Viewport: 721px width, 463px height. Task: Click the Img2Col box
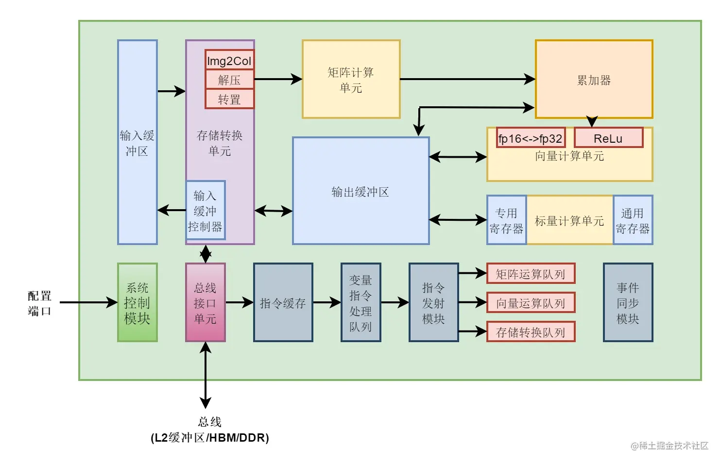(229, 60)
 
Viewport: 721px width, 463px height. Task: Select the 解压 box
(229, 80)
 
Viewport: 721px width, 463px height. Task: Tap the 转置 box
(229, 99)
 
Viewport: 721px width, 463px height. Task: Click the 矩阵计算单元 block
(351, 79)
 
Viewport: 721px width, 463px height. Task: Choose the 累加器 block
(594, 79)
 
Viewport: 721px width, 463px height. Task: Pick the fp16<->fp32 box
(531, 138)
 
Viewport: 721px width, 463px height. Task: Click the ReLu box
(608, 138)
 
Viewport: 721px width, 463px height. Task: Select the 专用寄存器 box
(506, 220)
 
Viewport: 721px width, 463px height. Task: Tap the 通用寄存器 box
(633, 220)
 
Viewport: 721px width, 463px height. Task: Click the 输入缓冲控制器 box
(206, 210)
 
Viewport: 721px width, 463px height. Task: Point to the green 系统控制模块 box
(137, 302)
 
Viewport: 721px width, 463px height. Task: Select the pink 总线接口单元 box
(206, 302)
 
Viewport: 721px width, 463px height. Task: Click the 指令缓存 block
(283, 302)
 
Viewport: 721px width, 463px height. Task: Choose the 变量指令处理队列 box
(360, 302)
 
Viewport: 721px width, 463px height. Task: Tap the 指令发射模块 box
(433, 302)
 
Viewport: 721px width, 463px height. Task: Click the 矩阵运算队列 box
(531, 274)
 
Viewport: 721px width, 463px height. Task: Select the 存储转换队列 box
(531, 332)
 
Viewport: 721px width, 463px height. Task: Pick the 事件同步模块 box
(628, 302)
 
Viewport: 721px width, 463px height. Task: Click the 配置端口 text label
(39, 303)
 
